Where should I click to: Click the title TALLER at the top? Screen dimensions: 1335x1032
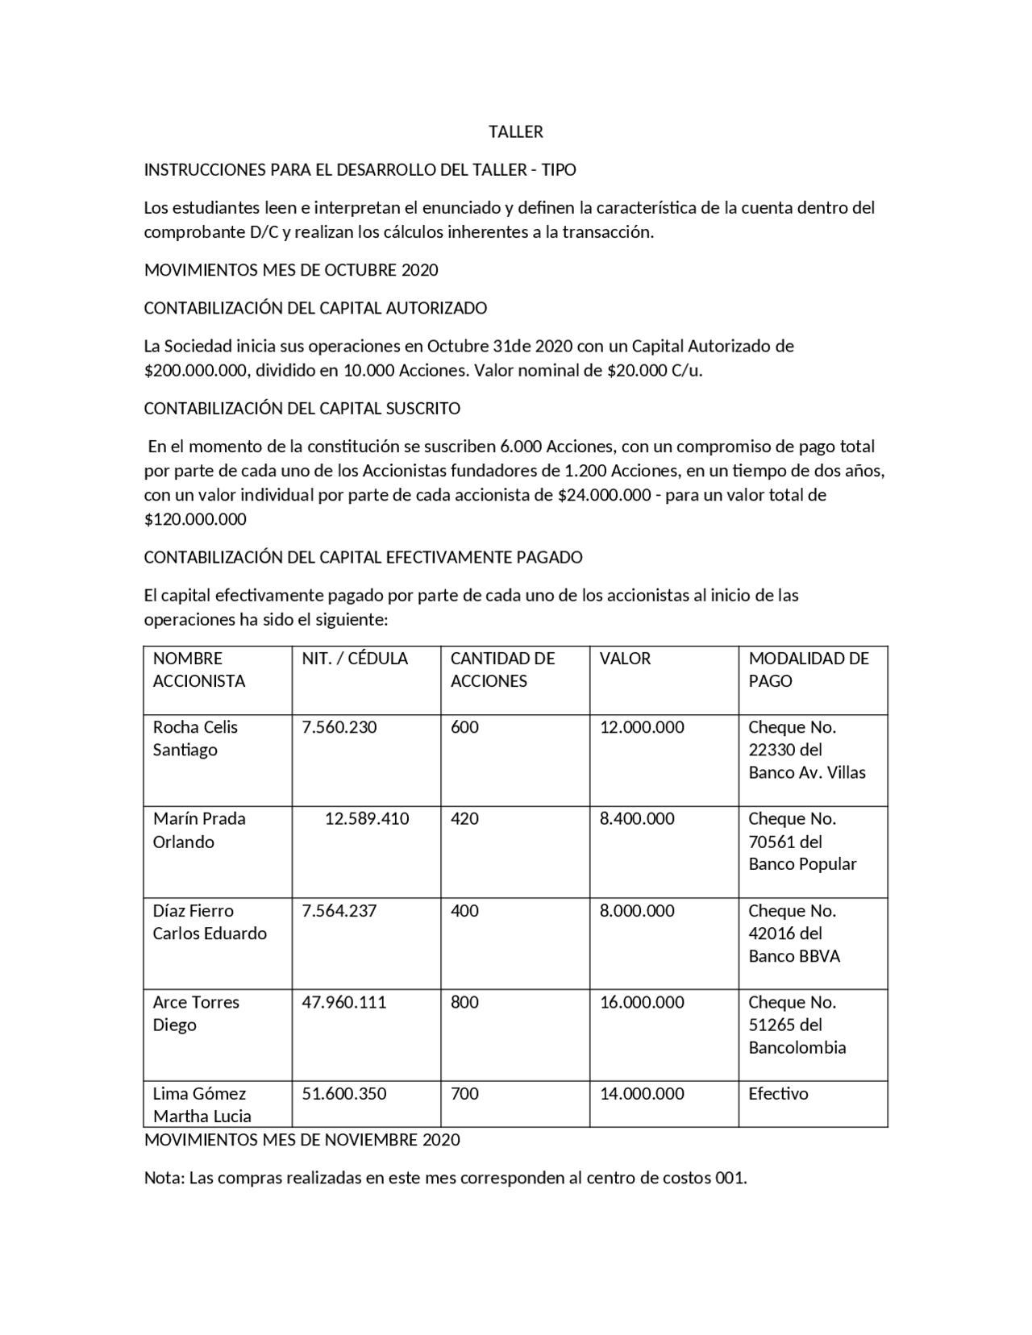[x=516, y=131]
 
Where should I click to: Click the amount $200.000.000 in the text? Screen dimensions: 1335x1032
[x=196, y=371]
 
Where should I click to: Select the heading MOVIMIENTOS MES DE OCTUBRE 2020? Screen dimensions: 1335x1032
[x=291, y=270]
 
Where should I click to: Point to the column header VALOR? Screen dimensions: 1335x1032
[x=625, y=659]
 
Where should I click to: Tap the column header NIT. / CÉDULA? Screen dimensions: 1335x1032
[x=355, y=659]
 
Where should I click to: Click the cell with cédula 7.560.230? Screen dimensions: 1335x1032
[x=339, y=727]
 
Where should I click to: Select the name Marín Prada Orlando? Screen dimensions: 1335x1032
[x=199, y=830]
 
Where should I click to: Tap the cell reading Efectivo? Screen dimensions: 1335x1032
[x=778, y=1094]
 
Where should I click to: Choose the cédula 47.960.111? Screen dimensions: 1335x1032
[x=344, y=1002]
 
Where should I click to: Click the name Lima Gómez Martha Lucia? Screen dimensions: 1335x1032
[x=202, y=1105]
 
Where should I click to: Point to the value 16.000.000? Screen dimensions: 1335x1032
[x=642, y=1002]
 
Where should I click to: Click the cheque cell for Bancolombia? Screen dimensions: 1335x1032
[x=797, y=1025]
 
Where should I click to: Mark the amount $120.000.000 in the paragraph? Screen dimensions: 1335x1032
[x=195, y=519]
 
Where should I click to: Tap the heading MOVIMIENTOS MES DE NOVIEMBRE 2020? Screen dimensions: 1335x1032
[x=302, y=1140]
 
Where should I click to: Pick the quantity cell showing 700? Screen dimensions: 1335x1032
[x=464, y=1094]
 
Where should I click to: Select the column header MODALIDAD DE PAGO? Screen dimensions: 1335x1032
[x=809, y=670]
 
